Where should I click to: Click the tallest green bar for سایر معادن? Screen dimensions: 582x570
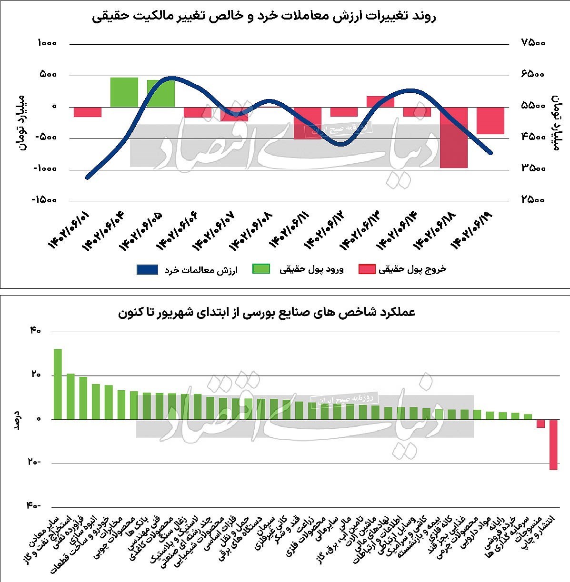pos(58,384)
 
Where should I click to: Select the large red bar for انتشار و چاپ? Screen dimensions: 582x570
pos(553,444)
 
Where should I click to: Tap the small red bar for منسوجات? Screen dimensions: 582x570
pos(540,424)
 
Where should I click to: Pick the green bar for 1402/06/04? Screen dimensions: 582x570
pos(124,92)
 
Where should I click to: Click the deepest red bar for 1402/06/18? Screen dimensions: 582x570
pos(453,137)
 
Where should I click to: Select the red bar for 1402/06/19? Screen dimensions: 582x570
pos(490,120)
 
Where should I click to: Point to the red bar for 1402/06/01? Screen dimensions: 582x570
pos(88,111)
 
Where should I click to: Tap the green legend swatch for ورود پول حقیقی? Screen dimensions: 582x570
pos(261,269)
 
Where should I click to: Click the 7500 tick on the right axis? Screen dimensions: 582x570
pos(533,43)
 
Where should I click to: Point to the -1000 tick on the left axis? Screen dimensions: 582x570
pos(44,168)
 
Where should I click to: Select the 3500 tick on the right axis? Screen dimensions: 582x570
pos(533,168)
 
